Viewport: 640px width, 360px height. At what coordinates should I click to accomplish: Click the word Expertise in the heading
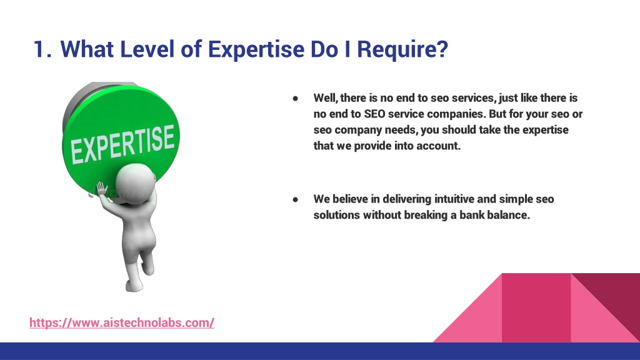[x=256, y=49]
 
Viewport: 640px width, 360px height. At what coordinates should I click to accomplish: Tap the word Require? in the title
[x=402, y=49]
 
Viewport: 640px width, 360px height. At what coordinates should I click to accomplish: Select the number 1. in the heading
[x=42, y=49]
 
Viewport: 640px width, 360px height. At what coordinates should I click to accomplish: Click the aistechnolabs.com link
[x=122, y=322]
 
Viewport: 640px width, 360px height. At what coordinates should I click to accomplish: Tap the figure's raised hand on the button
[x=101, y=189]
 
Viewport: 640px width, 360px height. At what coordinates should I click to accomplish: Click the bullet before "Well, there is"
[x=295, y=98]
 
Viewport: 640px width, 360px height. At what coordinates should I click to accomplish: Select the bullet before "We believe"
[x=295, y=199]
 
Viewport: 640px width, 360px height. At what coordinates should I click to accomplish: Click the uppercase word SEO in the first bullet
[x=374, y=114]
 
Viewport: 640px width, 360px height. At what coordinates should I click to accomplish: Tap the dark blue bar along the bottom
[x=320, y=351]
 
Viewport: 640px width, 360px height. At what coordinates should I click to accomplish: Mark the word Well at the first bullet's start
[x=325, y=98]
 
